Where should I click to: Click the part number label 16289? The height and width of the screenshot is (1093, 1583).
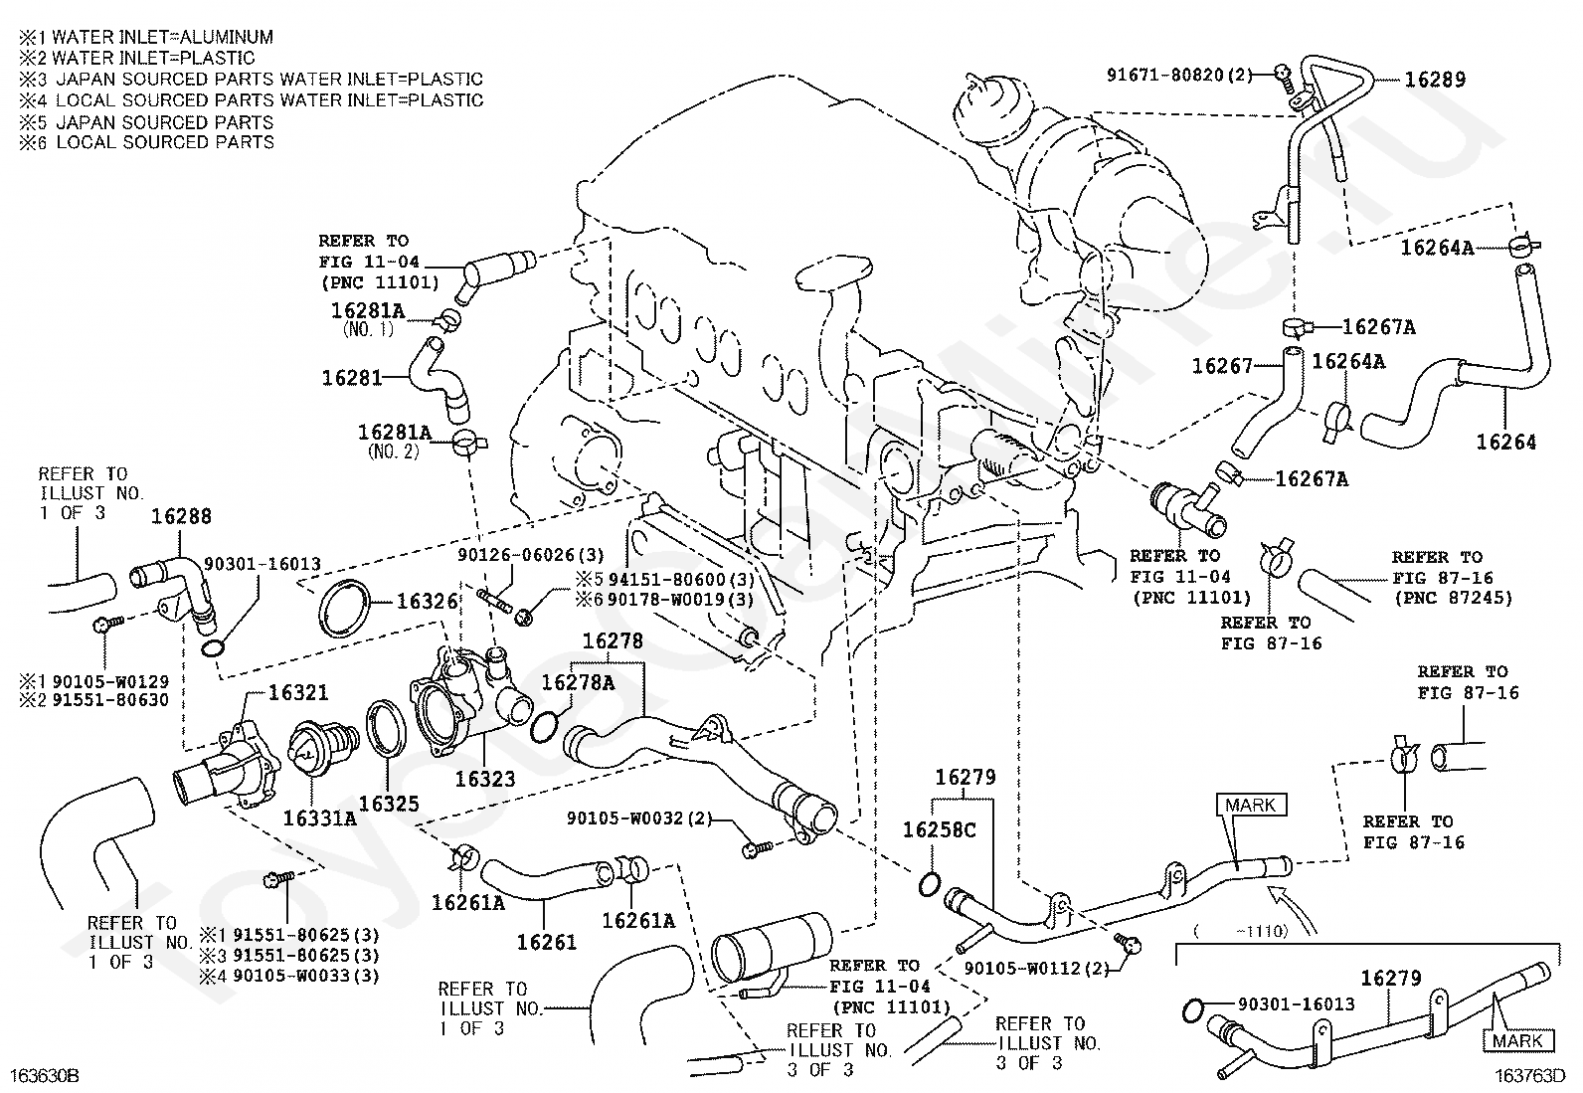(1434, 80)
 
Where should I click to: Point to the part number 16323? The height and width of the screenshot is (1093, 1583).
(485, 779)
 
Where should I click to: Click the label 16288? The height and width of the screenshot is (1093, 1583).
(181, 516)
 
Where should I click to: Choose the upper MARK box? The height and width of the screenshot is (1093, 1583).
(1250, 805)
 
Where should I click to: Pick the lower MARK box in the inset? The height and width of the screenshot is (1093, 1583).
(1517, 1040)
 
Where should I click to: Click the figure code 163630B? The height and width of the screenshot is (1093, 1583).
(45, 1075)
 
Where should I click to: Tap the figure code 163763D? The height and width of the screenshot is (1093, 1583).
(1529, 1075)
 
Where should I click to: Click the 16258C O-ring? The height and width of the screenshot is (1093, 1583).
(930, 884)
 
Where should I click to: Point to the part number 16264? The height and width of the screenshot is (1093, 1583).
(1505, 442)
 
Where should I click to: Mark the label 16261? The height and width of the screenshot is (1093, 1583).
(546, 942)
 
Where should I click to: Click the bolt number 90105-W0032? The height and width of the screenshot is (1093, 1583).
(624, 818)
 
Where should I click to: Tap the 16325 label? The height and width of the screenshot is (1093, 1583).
(389, 804)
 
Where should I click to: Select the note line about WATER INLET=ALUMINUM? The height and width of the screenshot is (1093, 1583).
(146, 37)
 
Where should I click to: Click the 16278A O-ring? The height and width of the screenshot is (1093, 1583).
(544, 727)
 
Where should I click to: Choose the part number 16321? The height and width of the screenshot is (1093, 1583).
(298, 692)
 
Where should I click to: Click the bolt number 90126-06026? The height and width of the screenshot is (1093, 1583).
(516, 555)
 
